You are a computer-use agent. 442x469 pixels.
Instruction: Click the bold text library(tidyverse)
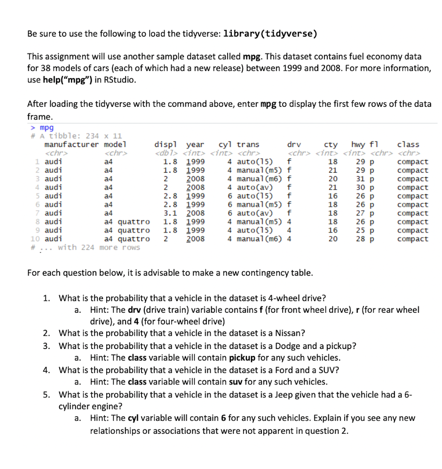coord(270,34)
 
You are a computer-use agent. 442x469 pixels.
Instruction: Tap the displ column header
coord(166,145)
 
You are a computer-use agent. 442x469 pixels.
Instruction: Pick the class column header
coord(408,145)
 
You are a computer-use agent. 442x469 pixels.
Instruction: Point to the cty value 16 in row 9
coord(332,230)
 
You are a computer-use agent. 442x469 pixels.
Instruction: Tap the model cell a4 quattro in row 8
coord(126,222)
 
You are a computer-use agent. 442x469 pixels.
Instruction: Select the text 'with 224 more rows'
coord(99,247)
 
